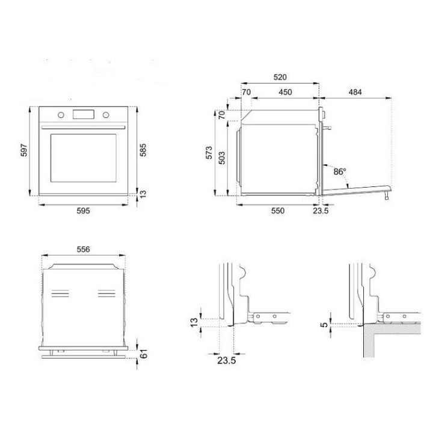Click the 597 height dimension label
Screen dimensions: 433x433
(x=24, y=150)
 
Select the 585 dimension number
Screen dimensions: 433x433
(x=143, y=150)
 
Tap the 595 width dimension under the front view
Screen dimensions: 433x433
(x=83, y=210)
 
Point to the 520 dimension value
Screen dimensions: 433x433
(x=280, y=77)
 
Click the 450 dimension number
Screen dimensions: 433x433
(x=285, y=92)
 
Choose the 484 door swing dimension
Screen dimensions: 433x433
(x=355, y=92)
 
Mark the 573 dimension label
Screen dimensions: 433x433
(x=209, y=153)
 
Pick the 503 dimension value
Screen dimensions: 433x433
(x=222, y=158)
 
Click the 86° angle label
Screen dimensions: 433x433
(x=340, y=172)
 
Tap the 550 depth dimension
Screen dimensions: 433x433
(x=277, y=210)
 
